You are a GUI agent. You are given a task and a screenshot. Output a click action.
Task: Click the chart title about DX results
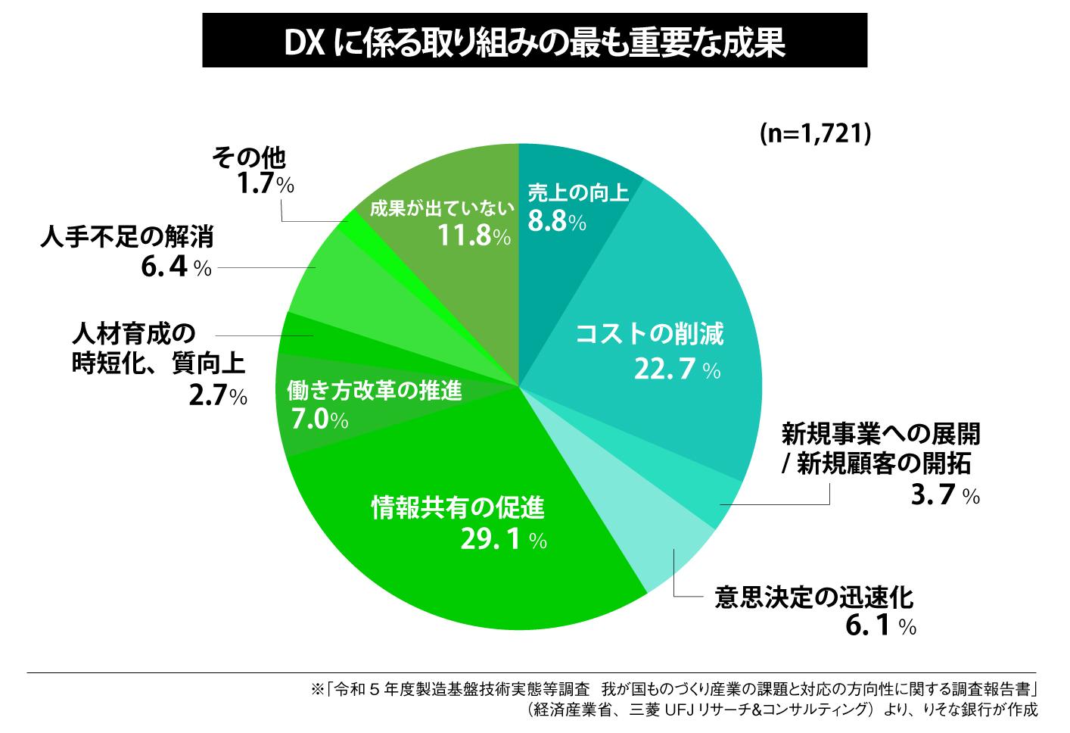click(x=534, y=44)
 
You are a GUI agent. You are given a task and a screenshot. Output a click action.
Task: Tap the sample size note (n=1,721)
click(x=816, y=133)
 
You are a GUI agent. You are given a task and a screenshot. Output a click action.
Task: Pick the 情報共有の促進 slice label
click(x=457, y=507)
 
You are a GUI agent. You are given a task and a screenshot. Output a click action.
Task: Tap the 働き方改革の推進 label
click(x=374, y=391)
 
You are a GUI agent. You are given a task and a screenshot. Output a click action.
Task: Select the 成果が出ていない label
click(x=442, y=209)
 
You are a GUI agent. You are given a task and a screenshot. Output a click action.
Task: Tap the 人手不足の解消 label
click(x=126, y=238)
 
